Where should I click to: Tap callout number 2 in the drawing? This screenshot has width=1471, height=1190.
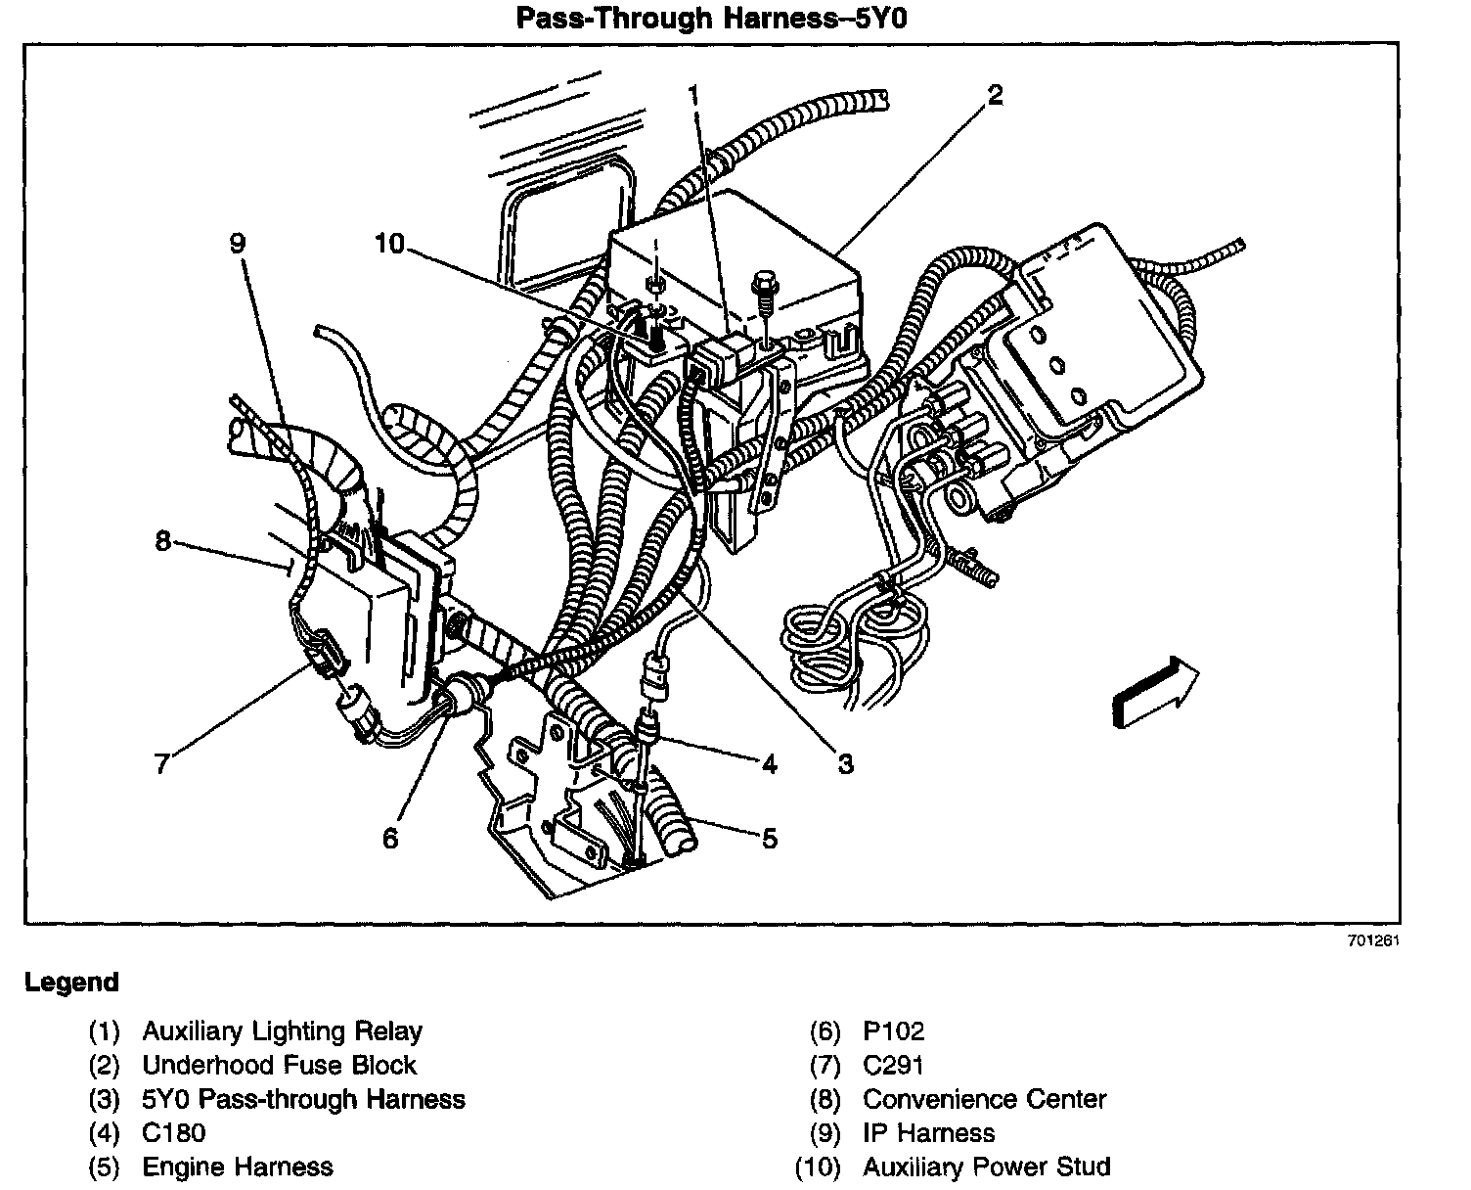pyautogui.click(x=995, y=95)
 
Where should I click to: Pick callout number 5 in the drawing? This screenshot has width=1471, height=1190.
pyautogui.click(x=770, y=838)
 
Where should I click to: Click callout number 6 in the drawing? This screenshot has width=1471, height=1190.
pyautogui.click(x=390, y=838)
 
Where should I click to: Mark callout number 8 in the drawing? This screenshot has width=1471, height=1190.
pyautogui.click(x=163, y=539)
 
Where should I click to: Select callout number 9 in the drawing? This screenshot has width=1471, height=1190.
pyautogui.click(x=239, y=242)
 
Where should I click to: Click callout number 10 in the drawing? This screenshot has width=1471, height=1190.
pyautogui.click(x=389, y=242)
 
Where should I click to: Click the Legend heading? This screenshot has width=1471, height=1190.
pyautogui.click(x=71, y=983)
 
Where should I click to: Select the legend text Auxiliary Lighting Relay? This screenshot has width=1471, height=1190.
pyautogui.click(x=282, y=1031)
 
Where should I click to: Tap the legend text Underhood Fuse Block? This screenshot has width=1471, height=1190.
pyautogui.click(x=279, y=1065)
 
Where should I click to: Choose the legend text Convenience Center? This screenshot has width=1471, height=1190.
pyautogui.click(x=984, y=1099)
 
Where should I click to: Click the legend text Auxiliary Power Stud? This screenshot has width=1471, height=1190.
pyautogui.click(x=986, y=1167)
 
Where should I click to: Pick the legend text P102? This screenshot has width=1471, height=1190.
pyautogui.click(x=893, y=1031)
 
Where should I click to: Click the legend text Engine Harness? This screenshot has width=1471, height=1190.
pyautogui.click(x=238, y=1167)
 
